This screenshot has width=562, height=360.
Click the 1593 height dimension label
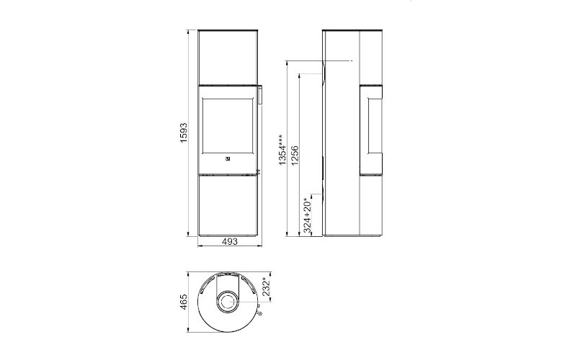(184, 133)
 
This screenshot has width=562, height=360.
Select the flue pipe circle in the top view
(228, 301)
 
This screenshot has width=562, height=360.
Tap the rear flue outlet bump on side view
(325, 72)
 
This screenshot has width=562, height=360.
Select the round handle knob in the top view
(258, 313)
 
